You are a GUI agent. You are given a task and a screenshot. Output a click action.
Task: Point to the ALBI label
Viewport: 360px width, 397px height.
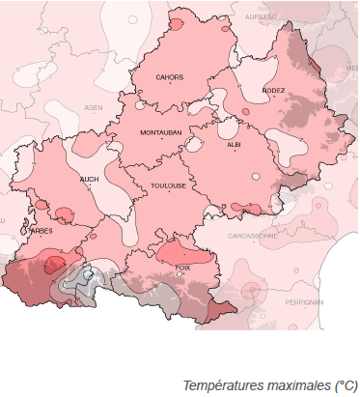(x=234, y=144)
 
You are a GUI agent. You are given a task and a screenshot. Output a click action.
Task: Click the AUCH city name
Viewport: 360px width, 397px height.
(x=89, y=179)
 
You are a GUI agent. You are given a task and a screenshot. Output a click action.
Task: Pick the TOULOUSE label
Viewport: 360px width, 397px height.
(x=168, y=187)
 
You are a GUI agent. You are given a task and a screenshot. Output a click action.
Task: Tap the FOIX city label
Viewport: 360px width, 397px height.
(x=182, y=267)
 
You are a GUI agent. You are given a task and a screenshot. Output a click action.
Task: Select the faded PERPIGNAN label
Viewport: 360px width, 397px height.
(x=303, y=301)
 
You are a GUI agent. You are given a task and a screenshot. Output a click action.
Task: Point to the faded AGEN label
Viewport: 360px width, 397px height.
(x=94, y=107)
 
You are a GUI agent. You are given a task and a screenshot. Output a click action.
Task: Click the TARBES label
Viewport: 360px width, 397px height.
(x=41, y=231)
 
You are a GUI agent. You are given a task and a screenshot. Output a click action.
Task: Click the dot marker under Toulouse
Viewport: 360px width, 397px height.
(x=168, y=194)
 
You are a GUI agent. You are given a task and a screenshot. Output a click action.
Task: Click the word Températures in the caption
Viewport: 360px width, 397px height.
(x=214, y=384)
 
